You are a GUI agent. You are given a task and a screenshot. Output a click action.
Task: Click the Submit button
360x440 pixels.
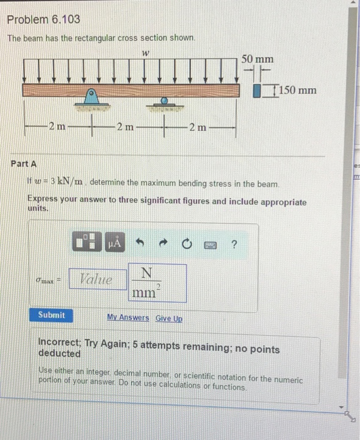point(51,315)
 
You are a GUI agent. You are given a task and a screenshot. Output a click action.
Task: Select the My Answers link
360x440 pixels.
point(128,318)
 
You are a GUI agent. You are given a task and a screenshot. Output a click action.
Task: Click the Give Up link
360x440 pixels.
point(169,318)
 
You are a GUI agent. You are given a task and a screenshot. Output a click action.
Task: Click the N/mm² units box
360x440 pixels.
point(157,282)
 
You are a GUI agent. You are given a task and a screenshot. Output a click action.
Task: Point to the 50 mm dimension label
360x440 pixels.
point(258,58)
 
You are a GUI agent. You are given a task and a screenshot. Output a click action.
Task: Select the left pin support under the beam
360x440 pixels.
point(92,98)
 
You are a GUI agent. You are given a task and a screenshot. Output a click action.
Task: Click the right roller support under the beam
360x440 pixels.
point(163,102)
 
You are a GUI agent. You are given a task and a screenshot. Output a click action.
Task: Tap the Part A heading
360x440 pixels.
point(24,163)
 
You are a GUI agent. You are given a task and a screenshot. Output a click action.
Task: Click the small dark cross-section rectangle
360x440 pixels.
point(257,91)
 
